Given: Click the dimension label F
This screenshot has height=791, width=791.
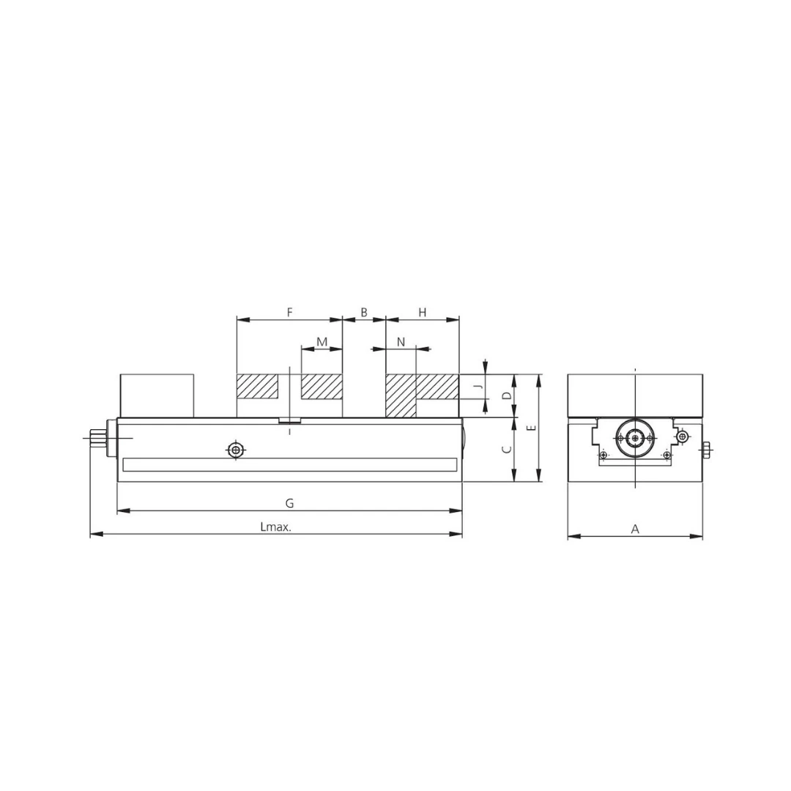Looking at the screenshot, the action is [289, 312].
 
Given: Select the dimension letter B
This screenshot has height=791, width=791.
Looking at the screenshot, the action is [364, 312].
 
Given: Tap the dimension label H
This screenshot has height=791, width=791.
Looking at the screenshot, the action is [423, 312].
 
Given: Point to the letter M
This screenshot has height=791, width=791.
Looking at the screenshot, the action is [322, 342].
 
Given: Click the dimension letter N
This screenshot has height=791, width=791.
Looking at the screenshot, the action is [401, 342].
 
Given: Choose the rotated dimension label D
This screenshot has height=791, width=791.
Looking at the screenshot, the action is [508, 395].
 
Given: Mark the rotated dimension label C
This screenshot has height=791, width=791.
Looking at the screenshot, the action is [508, 449].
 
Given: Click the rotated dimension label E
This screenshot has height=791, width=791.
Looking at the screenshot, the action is [532, 428].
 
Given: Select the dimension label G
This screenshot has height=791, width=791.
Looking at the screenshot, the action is [289, 503].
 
